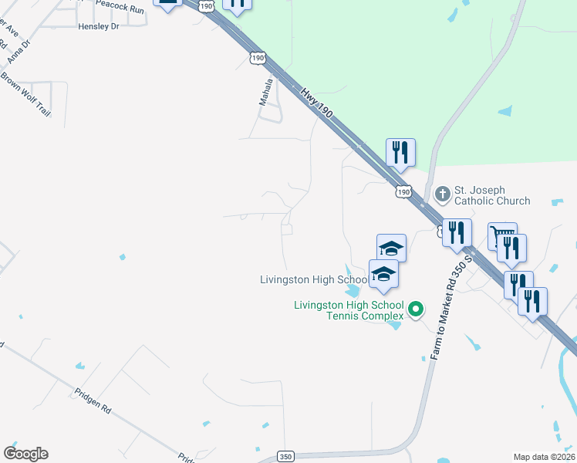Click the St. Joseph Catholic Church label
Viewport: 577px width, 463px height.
point(491,195)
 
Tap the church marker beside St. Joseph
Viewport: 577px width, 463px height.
point(443,192)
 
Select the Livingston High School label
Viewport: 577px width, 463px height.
point(313,279)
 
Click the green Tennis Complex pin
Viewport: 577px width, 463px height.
point(416,309)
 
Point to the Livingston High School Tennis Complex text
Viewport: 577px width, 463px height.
point(349,310)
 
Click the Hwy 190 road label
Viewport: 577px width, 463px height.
point(317,102)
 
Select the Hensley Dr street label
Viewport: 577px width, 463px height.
point(99,26)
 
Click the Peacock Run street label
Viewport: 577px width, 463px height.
point(120,10)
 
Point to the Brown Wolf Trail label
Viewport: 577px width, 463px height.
point(25,93)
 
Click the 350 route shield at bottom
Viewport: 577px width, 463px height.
point(285,456)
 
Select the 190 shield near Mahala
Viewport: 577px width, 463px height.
point(258,58)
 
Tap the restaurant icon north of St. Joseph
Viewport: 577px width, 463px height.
point(400,152)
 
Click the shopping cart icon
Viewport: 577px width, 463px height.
point(501,233)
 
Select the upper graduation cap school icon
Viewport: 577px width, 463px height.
point(391,248)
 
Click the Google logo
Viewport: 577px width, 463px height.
point(25,454)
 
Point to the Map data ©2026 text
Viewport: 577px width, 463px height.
point(544,457)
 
